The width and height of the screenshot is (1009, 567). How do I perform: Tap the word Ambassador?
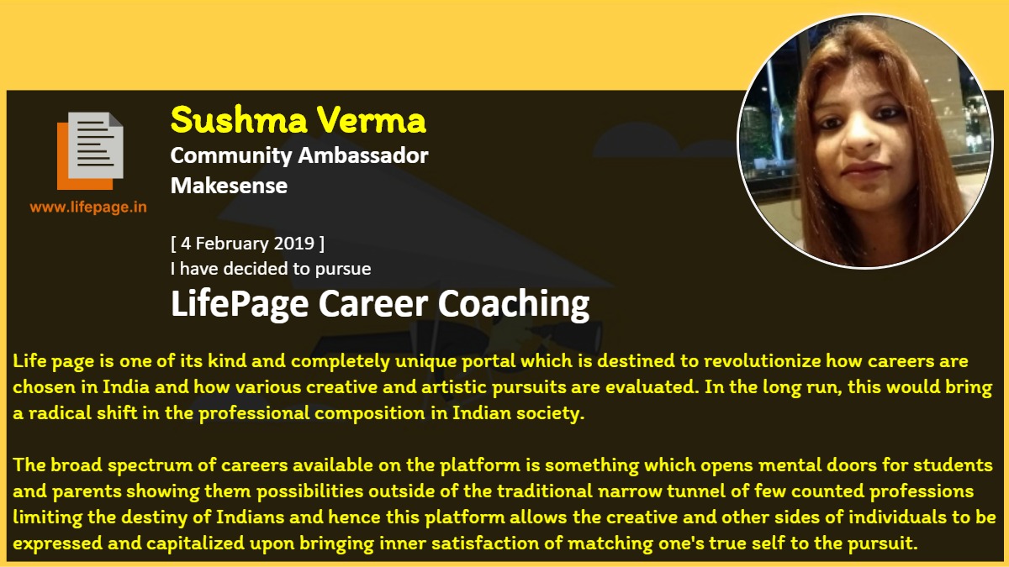[363, 155]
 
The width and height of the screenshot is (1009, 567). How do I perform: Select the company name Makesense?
[229, 186]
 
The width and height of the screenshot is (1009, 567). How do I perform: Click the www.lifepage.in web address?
[88, 207]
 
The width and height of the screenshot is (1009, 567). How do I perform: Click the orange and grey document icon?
[90, 150]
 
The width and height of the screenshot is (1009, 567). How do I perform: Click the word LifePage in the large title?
[240, 305]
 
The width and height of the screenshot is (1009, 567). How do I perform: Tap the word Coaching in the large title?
[514, 305]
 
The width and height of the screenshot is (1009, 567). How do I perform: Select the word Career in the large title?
[373, 304]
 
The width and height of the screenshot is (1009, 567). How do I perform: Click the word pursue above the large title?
[343, 270]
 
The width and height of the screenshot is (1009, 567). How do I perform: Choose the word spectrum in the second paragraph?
[150, 465]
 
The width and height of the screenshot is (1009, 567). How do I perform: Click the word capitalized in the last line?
[195, 543]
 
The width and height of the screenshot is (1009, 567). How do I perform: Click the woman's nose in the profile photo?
[859, 136]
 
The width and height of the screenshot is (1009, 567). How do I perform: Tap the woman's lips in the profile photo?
[865, 170]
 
